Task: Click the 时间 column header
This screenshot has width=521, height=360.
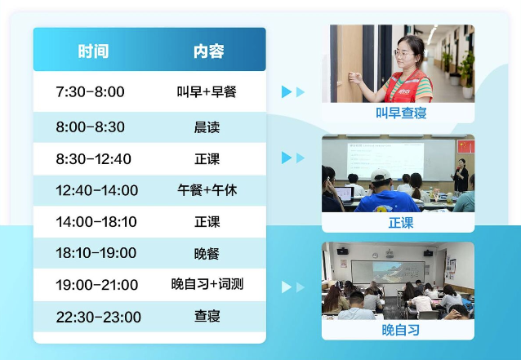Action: tap(93, 51)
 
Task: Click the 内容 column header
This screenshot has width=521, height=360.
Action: tap(209, 51)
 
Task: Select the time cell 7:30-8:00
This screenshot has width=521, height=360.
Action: tap(90, 91)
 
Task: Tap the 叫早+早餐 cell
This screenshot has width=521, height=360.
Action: tap(207, 91)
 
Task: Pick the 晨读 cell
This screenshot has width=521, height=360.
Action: tap(207, 127)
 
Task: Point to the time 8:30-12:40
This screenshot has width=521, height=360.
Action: tap(93, 159)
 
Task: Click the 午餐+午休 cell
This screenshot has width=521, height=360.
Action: tap(207, 190)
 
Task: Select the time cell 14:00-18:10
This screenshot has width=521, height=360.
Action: tap(96, 222)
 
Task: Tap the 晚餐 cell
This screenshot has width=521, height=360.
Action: tap(207, 254)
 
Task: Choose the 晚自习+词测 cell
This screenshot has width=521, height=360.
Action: tap(207, 284)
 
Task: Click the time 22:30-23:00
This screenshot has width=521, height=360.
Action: tap(98, 317)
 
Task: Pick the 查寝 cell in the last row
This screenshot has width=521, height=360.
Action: tap(207, 316)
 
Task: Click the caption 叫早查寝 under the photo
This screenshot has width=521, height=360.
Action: tap(401, 113)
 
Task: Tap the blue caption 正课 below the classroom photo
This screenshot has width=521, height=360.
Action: tap(401, 223)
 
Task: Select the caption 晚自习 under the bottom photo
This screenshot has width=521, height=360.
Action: tap(401, 330)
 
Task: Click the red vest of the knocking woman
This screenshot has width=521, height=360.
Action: tap(408, 87)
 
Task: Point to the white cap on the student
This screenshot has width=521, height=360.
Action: tap(381, 176)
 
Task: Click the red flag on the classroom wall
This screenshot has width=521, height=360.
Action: tap(465, 146)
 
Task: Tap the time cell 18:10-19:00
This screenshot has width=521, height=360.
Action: tap(96, 253)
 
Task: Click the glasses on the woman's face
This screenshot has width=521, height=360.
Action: tap(403, 54)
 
